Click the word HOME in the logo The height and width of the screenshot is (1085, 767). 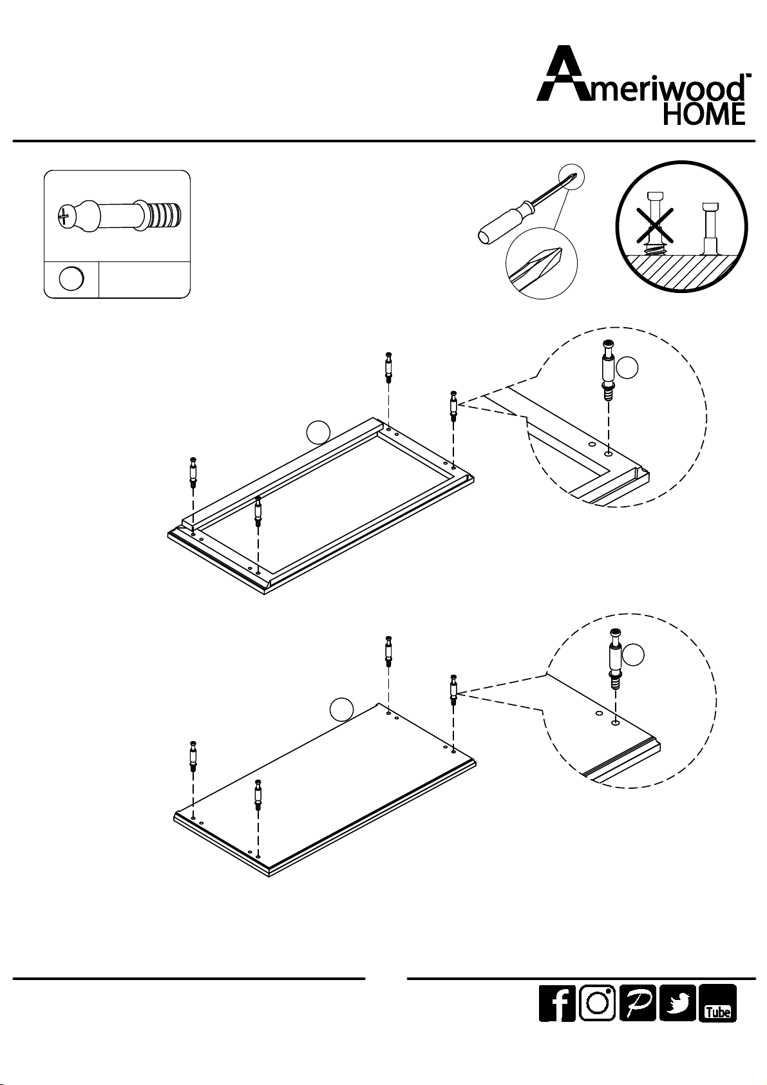(705, 115)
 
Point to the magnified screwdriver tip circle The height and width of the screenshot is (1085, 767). (542, 265)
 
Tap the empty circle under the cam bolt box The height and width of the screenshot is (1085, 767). (71, 279)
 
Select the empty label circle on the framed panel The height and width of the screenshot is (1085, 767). (318, 432)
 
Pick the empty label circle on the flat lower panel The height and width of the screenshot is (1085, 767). (342, 709)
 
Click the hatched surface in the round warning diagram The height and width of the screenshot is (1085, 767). (682, 270)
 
